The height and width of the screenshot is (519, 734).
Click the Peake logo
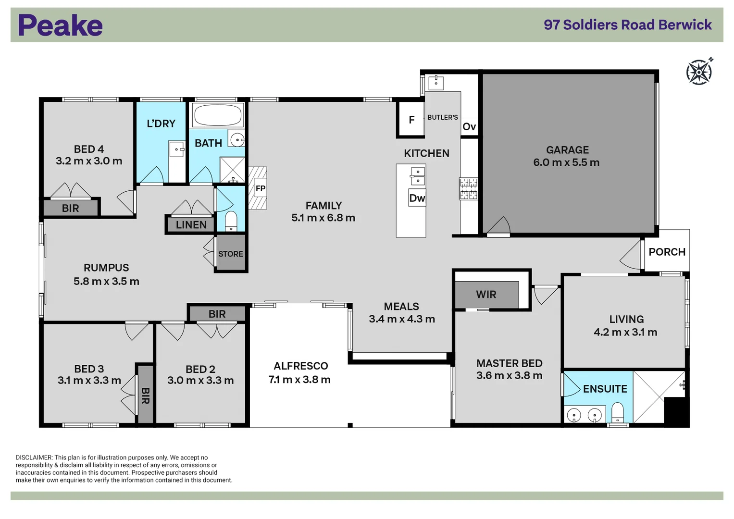click(60, 25)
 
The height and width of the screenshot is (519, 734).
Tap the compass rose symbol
click(699, 72)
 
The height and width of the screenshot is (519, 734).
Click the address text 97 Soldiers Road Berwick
click(627, 25)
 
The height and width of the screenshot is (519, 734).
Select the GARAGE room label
click(567, 150)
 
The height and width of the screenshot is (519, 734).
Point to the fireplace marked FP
click(260, 188)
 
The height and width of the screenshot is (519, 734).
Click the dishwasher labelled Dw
click(417, 198)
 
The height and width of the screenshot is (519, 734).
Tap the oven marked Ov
click(469, 127)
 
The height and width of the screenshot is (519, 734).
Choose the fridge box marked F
click(411, 120)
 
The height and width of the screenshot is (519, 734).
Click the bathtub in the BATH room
click(217, 115)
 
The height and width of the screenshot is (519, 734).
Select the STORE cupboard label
click(231, 254)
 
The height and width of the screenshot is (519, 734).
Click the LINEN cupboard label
click(191, 225)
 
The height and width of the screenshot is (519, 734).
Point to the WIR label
click(486, 295)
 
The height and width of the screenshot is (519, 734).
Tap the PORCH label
click(667, 252)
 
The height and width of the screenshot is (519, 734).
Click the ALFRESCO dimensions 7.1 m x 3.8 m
click(299, 380)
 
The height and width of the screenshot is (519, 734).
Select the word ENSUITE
click(605, 389)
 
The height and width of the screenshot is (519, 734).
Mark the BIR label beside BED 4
click(70, 208)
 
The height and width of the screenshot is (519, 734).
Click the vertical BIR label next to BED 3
click(145, 395)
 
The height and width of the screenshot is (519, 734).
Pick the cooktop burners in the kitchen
click(468, 188)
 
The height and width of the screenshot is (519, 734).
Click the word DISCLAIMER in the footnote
click(34, 457)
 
